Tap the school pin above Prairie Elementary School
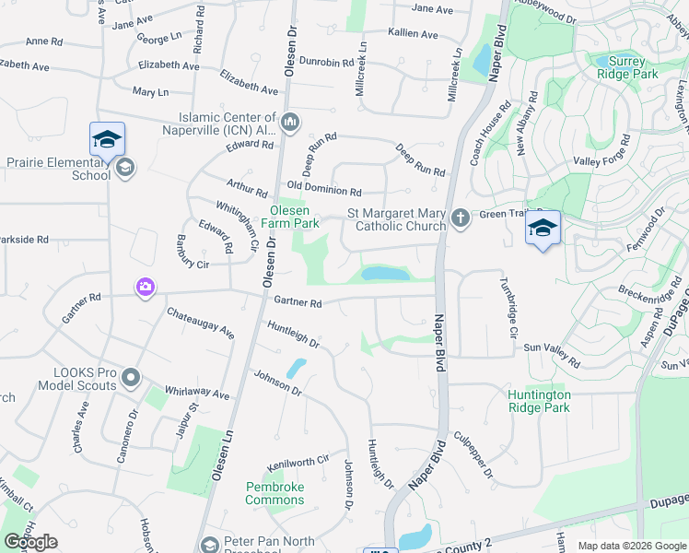[107, 140]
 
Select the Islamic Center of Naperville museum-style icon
[290, 122]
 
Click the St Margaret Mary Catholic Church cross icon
[461, 218]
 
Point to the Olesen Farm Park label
[288, 217]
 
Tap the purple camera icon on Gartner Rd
[145, 288]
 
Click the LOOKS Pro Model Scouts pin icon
[130, 378]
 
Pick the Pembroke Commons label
[274, 493]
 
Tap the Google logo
[30, 542]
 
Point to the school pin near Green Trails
[542, 228]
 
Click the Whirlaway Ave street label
[196, 394]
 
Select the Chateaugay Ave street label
[200, 323]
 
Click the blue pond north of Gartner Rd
[386, 274]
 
